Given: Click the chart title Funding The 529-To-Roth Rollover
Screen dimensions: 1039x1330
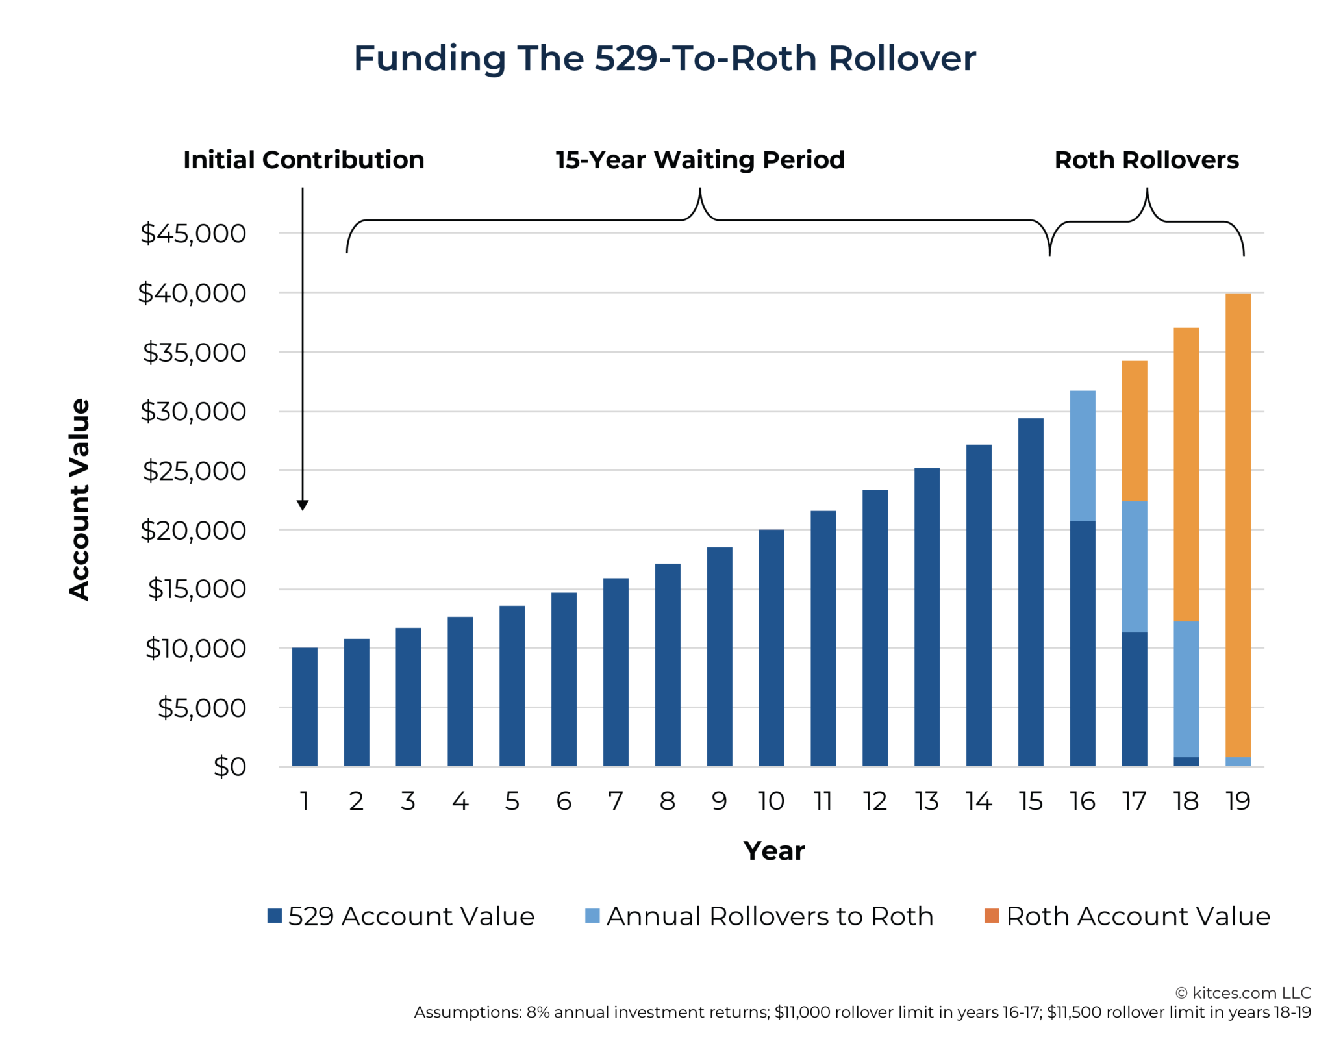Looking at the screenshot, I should point(664,58).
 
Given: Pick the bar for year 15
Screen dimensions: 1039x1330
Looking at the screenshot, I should point(1031,592).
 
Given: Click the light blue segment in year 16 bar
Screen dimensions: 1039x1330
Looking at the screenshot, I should point(1083,455).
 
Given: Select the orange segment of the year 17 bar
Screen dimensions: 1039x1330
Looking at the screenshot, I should point(1134,431).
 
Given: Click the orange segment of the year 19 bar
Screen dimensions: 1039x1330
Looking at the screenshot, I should point(1238,525).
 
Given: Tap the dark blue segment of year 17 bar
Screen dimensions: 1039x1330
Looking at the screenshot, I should point(1134,699).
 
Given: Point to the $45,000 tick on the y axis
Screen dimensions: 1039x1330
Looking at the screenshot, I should point(193,233).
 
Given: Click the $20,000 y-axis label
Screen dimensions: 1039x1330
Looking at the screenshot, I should point(193,531).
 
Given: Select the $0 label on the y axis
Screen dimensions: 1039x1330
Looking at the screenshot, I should point(229,767).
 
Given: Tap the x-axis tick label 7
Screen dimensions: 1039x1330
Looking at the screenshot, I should point(615,801).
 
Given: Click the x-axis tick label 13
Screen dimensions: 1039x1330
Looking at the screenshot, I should point(927,801).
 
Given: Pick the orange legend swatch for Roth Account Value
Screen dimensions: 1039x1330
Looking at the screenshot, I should point(991,916).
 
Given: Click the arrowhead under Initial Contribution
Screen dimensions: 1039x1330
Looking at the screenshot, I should point(303,505).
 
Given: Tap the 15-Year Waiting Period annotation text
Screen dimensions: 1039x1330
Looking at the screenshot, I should point(700,160).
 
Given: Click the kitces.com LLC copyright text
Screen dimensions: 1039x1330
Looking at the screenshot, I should point(1243,993).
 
